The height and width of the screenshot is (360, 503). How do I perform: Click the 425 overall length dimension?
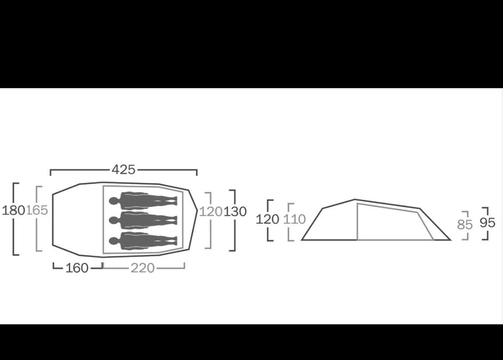[124, 169]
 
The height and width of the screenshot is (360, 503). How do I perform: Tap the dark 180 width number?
[14, 211]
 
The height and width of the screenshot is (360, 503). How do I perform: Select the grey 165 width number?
[37, 210]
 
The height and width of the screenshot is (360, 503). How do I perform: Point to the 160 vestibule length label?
[76, 268]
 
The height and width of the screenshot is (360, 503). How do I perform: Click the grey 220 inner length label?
[143, 268]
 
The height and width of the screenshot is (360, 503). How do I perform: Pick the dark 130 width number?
[235, 212]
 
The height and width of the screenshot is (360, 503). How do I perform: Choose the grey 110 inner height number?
[294, 219]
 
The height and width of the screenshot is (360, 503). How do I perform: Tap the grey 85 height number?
[465, 225]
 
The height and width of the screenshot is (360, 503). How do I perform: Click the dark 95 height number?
[487, 223]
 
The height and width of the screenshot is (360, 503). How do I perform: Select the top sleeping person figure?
[143, 201]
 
